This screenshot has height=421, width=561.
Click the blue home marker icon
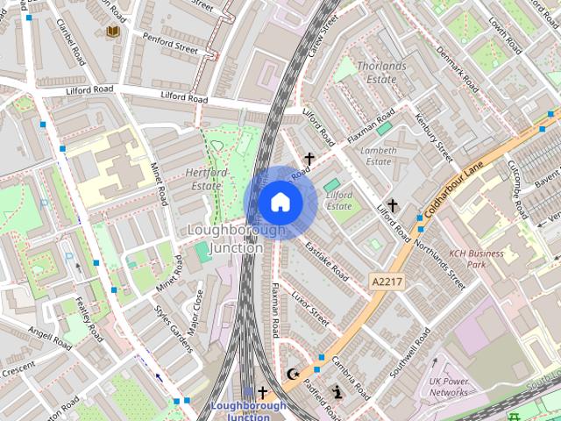pyautogui.click(x=280, y=203)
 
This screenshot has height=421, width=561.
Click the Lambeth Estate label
pyautogui.click(x=377, y=155)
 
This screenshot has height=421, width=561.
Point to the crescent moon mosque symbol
pyautogui.click(x=294, y=375)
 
